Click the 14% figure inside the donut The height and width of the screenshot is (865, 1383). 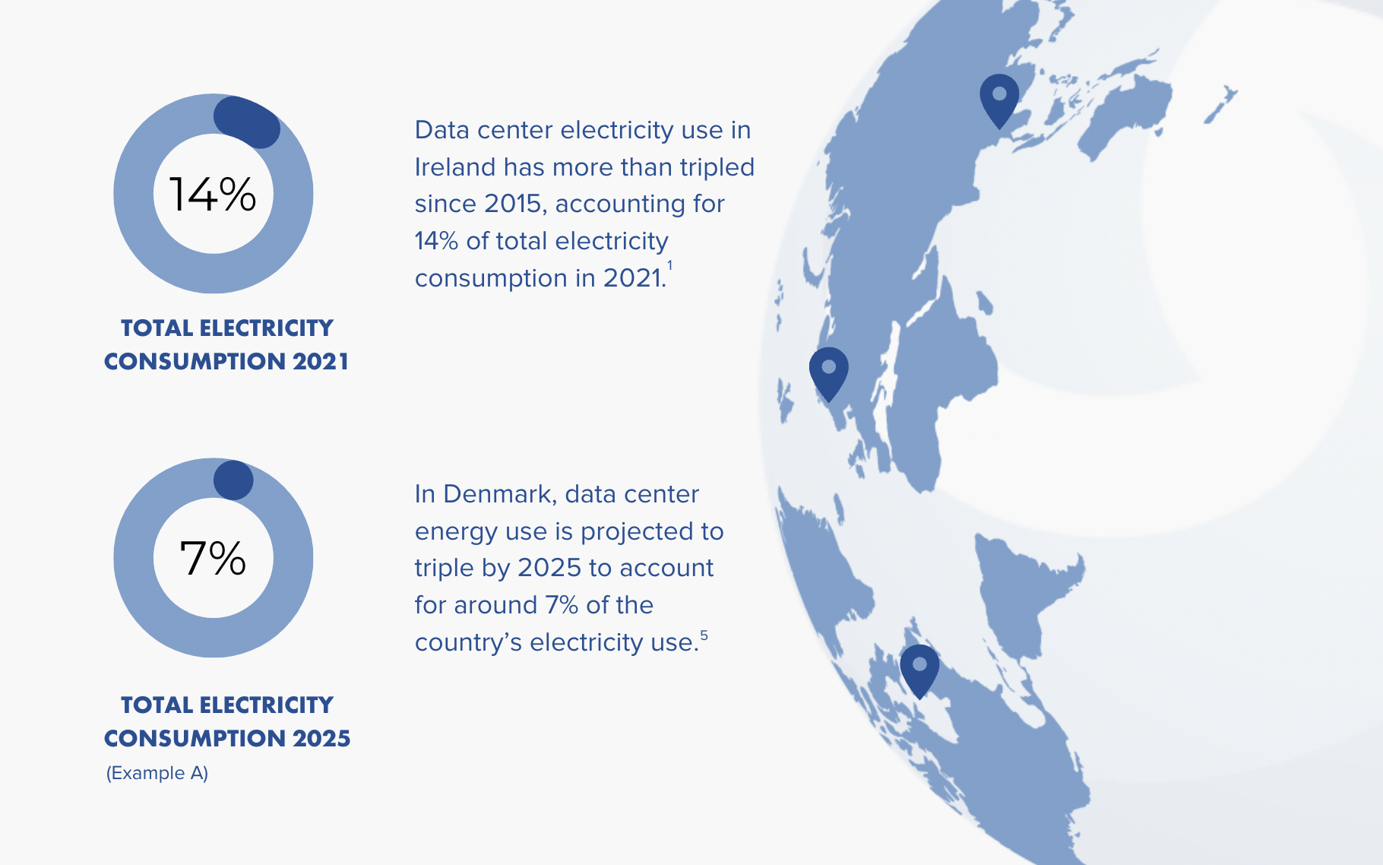tap(212, 194)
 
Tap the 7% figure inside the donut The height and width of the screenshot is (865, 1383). tap(213, 558)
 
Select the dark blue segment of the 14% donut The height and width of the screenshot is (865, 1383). tap(247, 122)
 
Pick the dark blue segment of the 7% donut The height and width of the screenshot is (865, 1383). tap(233, 480)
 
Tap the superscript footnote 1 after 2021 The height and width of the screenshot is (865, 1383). tap(669, 265)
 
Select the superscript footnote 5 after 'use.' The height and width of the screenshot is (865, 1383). tap(704, 635)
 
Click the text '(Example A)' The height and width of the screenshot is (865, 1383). tap(157, 773)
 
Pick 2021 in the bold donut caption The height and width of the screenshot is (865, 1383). tap(321, 361)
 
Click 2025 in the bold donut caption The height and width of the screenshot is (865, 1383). tap(321, 738)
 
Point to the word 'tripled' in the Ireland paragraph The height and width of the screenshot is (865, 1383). tap(717, 166)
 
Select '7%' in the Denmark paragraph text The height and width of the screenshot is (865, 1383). tap(562, 605)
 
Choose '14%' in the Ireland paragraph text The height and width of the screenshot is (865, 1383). tap(436, 241)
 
